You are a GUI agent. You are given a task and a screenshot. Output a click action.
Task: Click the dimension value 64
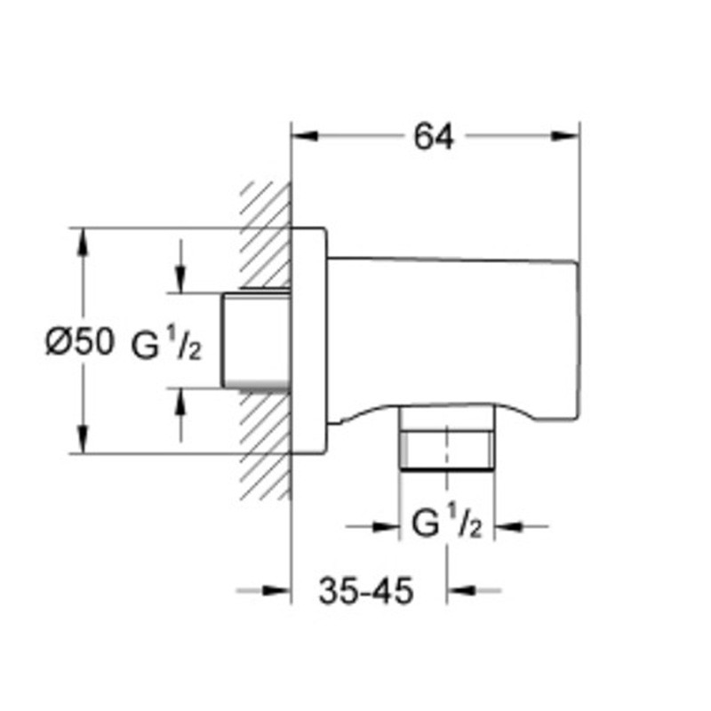[x=433, y=137]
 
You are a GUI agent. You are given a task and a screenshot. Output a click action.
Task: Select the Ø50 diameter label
[x=80, y=342]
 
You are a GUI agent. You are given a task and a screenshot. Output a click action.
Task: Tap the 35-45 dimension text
[x=366, y=591]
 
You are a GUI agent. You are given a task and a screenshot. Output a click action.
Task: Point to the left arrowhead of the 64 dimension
[x=305, y=136]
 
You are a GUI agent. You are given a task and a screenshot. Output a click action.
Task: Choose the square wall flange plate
[x=308, y=340]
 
